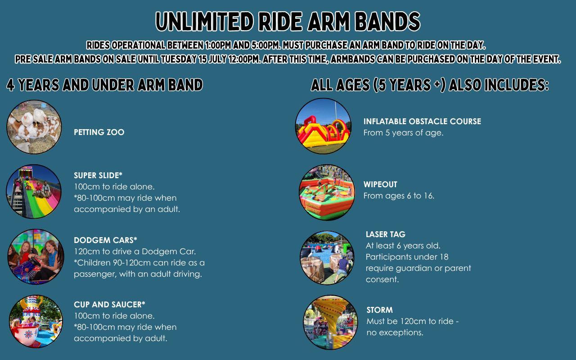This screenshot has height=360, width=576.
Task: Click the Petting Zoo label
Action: pyautogui.click(x=99, y=132)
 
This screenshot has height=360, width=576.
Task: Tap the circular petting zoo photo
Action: pyautogui.click(x=34, y=127)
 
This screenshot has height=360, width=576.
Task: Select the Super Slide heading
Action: pyautogui.click(x=98, y=175)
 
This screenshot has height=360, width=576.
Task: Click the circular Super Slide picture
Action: pyautogui.click(x=34, y=192)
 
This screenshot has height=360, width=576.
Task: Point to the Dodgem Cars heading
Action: pyautogui.click(x=105, y=240)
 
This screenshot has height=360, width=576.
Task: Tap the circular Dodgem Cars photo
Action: pyautogui.click(x=36, y=256)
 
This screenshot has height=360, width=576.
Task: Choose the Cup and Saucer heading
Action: pyautogui.click(x=109, y=305)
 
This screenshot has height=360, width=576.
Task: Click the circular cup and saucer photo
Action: pyautogui.click(x=36, y=321)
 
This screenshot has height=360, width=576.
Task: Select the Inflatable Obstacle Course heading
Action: pyautogui.click(x=422, y=121)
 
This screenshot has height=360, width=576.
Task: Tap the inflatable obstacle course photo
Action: pyautogui.click(x=323, y=126)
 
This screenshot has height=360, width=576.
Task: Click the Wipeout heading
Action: pyautogui.click(x=380, y=184)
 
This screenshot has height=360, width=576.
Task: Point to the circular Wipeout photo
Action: pyautogui.click(x=327, y=192)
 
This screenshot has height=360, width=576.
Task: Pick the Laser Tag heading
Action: pyautogui.click(x=386, y=234)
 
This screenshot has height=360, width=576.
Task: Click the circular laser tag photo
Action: pyautogui.click(x=327, y=258)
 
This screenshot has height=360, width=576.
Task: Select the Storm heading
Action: pyautogui.click(x=379, y=310)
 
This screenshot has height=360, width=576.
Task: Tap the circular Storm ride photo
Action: pyautogui.click(x=330, y=322)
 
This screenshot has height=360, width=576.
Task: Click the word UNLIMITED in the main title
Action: pyautogui.click(x=205, y=21)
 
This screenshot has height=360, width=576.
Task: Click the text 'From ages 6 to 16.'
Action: pyautogui.click(x=399, y=196)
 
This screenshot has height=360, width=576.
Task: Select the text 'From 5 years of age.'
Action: pyautogui.click(x=404, y=133)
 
